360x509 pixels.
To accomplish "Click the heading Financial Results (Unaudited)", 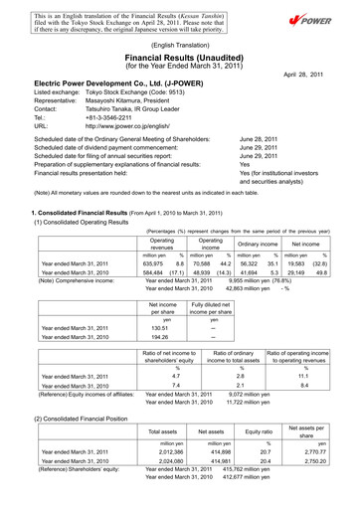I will (x=179, y=59).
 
